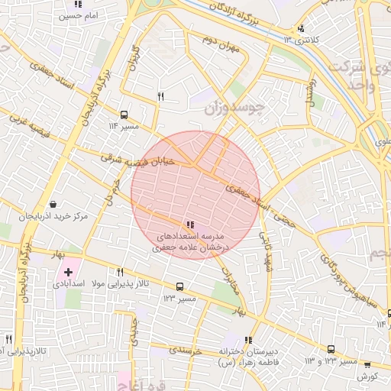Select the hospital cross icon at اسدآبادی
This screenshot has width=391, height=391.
click(69, 272)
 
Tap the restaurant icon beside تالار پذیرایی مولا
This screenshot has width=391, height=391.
click(120, 272)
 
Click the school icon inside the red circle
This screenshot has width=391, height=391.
click(189, 225)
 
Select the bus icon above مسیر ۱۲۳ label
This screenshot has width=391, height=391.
click(179, 286)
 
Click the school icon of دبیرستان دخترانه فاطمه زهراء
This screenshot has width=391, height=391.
click(247, 340)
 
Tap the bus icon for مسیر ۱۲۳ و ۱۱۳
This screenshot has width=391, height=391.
click(331, 348)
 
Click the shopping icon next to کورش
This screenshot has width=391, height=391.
click(367, 365)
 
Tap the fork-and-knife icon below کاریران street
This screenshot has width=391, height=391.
click(160, 96)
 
